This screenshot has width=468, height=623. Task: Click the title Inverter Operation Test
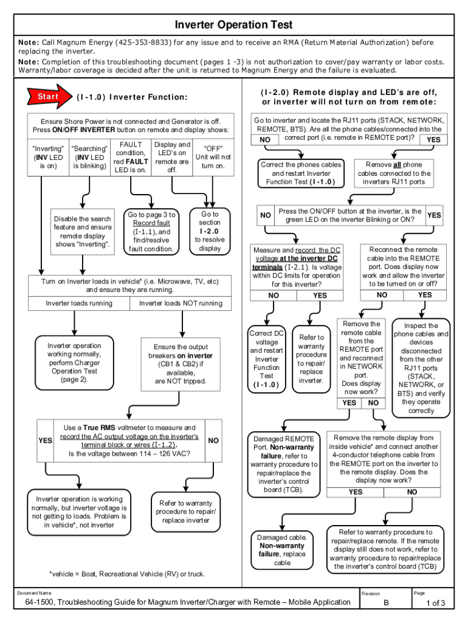[234, 25]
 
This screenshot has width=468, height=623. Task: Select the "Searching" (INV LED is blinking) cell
[90, 157]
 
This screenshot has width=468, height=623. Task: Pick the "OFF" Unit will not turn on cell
[213, 157]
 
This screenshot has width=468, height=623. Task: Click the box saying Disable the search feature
[83, 232]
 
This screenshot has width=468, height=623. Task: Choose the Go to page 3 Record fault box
[151, 232]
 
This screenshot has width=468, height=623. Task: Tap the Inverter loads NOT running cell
[181, 304]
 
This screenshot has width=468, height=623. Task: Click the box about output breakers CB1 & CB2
[181, 364]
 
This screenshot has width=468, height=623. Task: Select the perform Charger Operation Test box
[75, 363]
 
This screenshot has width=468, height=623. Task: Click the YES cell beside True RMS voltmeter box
[45, 440]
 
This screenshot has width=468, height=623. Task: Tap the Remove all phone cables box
[394, 173]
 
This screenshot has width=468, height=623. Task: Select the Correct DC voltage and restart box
[266, 359]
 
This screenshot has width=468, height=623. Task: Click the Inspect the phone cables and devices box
[421, 368]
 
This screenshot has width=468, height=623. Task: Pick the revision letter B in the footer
[385, 603]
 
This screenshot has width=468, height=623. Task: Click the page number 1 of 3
[435, 604]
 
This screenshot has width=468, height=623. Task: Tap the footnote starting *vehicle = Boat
[126, 574]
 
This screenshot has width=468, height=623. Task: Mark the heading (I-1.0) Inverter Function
[132, 97]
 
